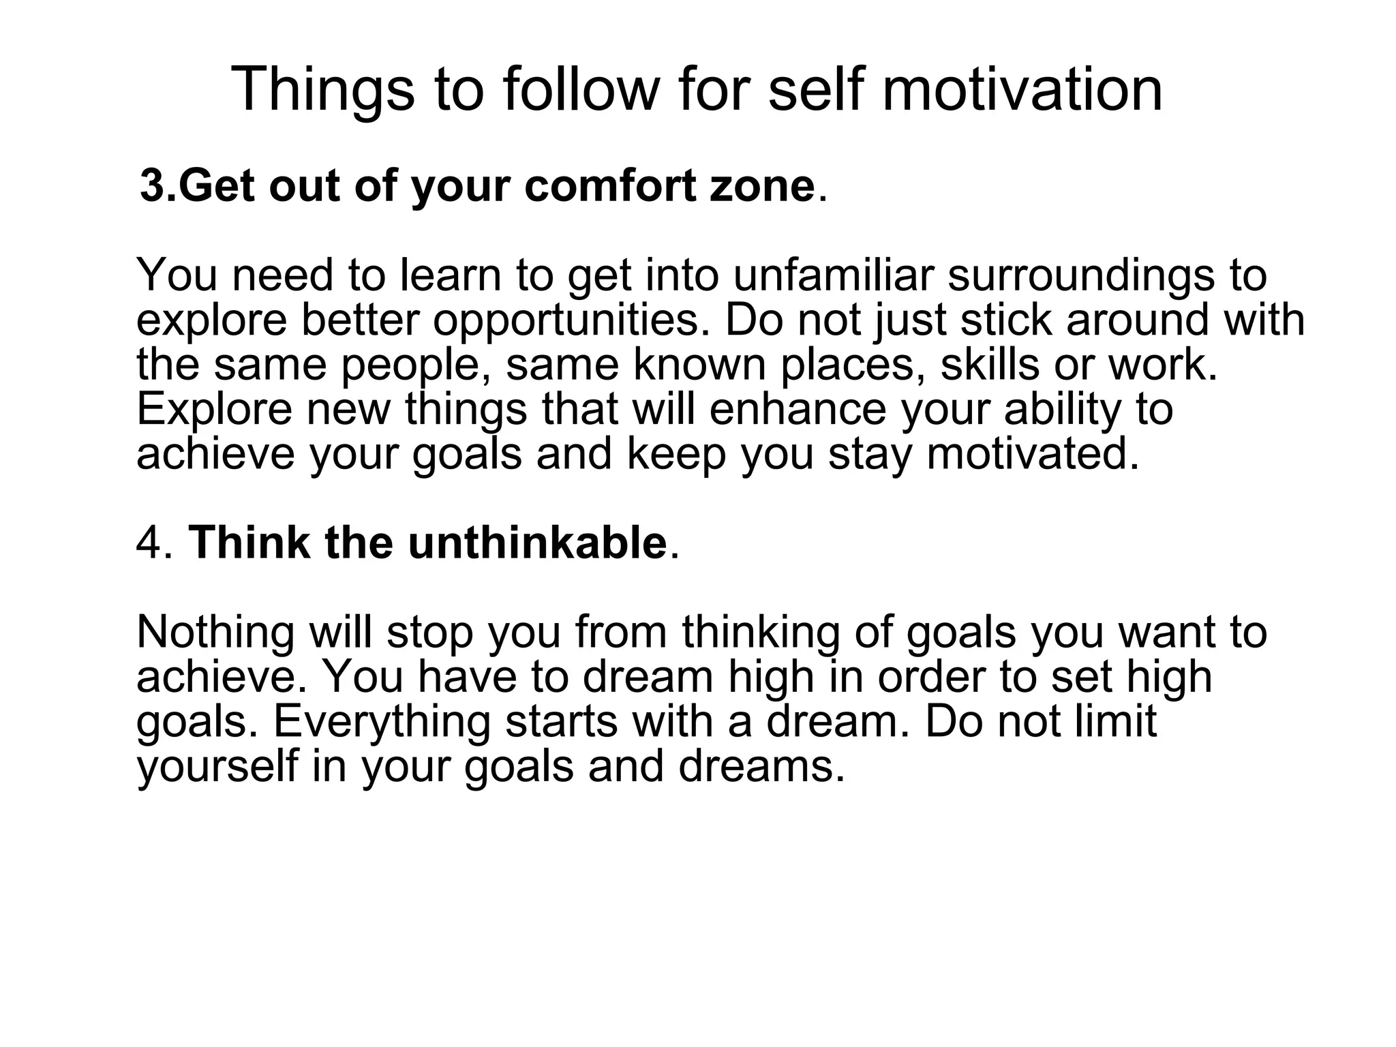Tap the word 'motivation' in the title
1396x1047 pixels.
click(1022, 89)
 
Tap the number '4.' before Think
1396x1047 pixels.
click(156, 543)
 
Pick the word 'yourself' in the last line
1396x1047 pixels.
click(218, 765)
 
